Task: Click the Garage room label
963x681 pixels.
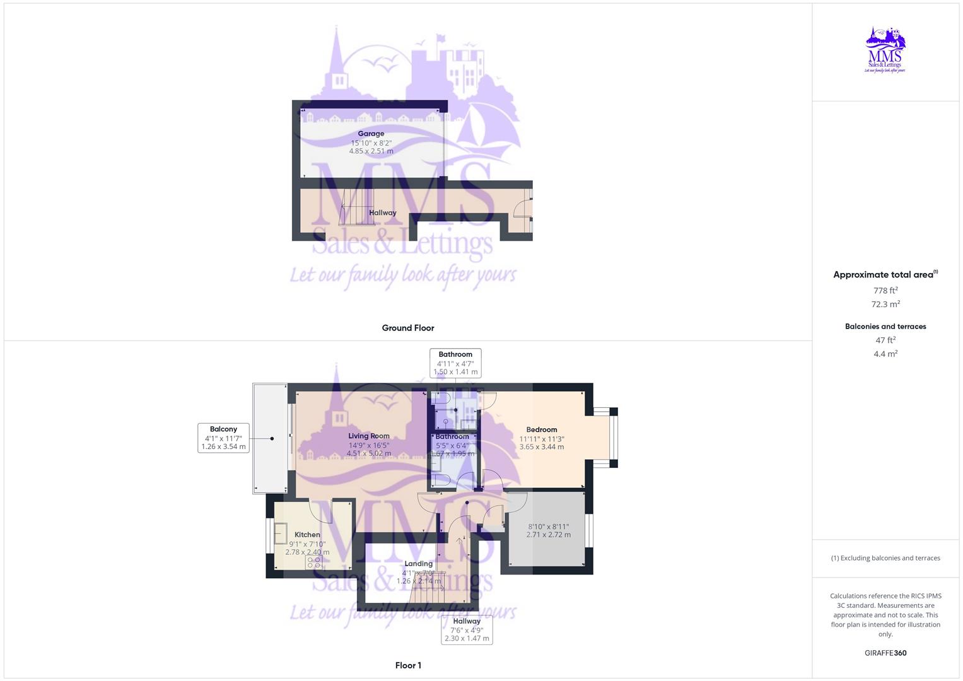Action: coord(371,134)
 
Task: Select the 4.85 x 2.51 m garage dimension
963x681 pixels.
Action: coord(371,151)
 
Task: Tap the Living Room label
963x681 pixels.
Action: coord(369,436)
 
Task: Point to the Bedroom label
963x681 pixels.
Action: coord(542,430)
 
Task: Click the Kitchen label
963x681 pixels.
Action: coord(307,535)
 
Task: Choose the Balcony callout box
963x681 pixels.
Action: coord(224,438)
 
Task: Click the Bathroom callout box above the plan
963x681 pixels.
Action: coord(455,363)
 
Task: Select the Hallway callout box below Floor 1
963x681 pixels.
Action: coord(467,629)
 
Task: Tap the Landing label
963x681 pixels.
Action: coord(419,564)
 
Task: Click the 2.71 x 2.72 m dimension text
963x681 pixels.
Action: coord(549,535)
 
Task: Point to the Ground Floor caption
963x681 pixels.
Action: coord(408,328)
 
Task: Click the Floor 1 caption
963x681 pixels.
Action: coord(408,665)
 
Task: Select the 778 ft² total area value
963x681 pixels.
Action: coord(885,291)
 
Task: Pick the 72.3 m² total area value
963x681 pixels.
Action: coord(885,304)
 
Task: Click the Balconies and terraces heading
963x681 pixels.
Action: coord(885,327)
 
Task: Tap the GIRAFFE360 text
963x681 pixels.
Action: coord(885,653)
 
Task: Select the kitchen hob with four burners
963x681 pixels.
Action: coord(314,562)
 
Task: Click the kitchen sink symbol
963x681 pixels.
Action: coord(281,533)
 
